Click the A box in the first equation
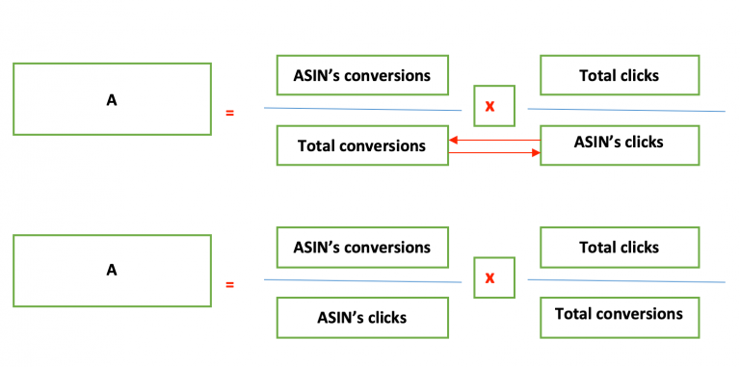112,98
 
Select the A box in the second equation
112,271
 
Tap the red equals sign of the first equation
229,114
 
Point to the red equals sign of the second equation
229,285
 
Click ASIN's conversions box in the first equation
362,75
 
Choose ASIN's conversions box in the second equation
362,248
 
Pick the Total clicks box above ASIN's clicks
619,75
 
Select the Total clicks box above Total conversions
619,248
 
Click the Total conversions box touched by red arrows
362,145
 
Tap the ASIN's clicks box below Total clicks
619,143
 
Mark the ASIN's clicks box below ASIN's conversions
362,317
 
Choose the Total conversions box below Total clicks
619,314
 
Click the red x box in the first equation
493,106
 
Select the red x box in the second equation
493,277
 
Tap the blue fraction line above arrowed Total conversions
362,109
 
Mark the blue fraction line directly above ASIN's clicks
626,110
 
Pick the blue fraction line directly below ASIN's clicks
362,280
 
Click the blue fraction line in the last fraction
626,281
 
